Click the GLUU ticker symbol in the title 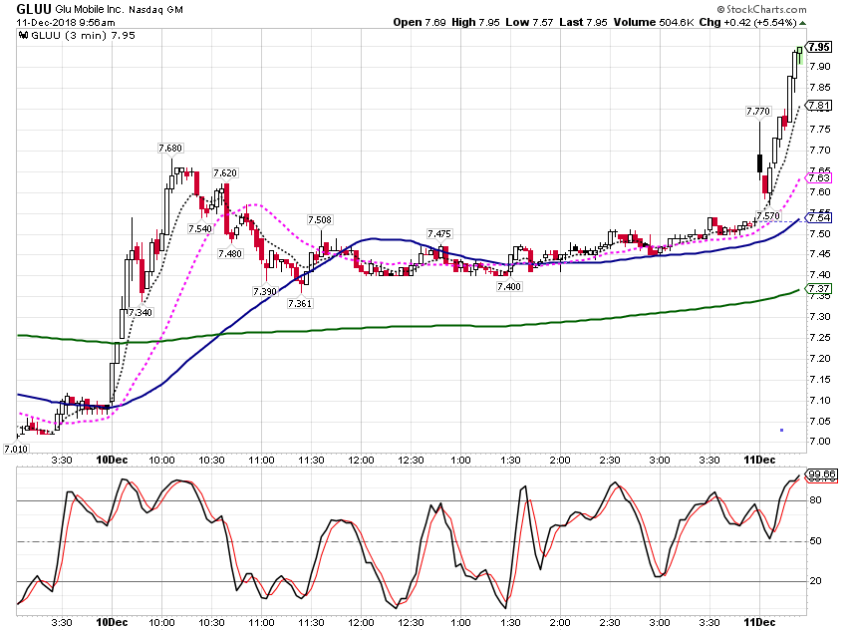(x=34, y=9)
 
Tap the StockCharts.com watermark (x=761, y=9)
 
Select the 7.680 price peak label (x=170, y=148)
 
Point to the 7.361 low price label (x=300, y=304)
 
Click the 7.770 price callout (x=758, y=112)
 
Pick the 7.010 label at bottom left (x=16, y=449)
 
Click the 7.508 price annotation (x=320, y=220)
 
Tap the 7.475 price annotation (x=439, y=234)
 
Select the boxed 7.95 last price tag (x=819, y=47)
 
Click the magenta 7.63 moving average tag (x=819, y=177)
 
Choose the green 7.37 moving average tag (x=819, y=288)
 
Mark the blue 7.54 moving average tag (x=819, y=217)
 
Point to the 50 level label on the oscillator (x=815, y=540)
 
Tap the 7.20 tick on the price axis (x=819, y=359)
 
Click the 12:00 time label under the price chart (x=361, y=461)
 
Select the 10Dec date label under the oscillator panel (x=112, y=622)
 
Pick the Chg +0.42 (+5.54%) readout (x=748, y=22)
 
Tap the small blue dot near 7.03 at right (x=781, y=430)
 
